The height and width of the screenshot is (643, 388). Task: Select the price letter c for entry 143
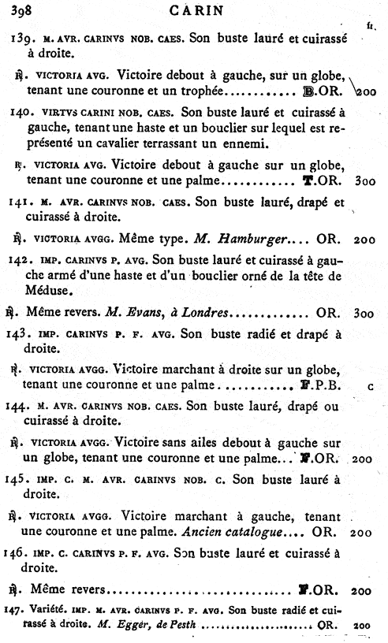[370, 387]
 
